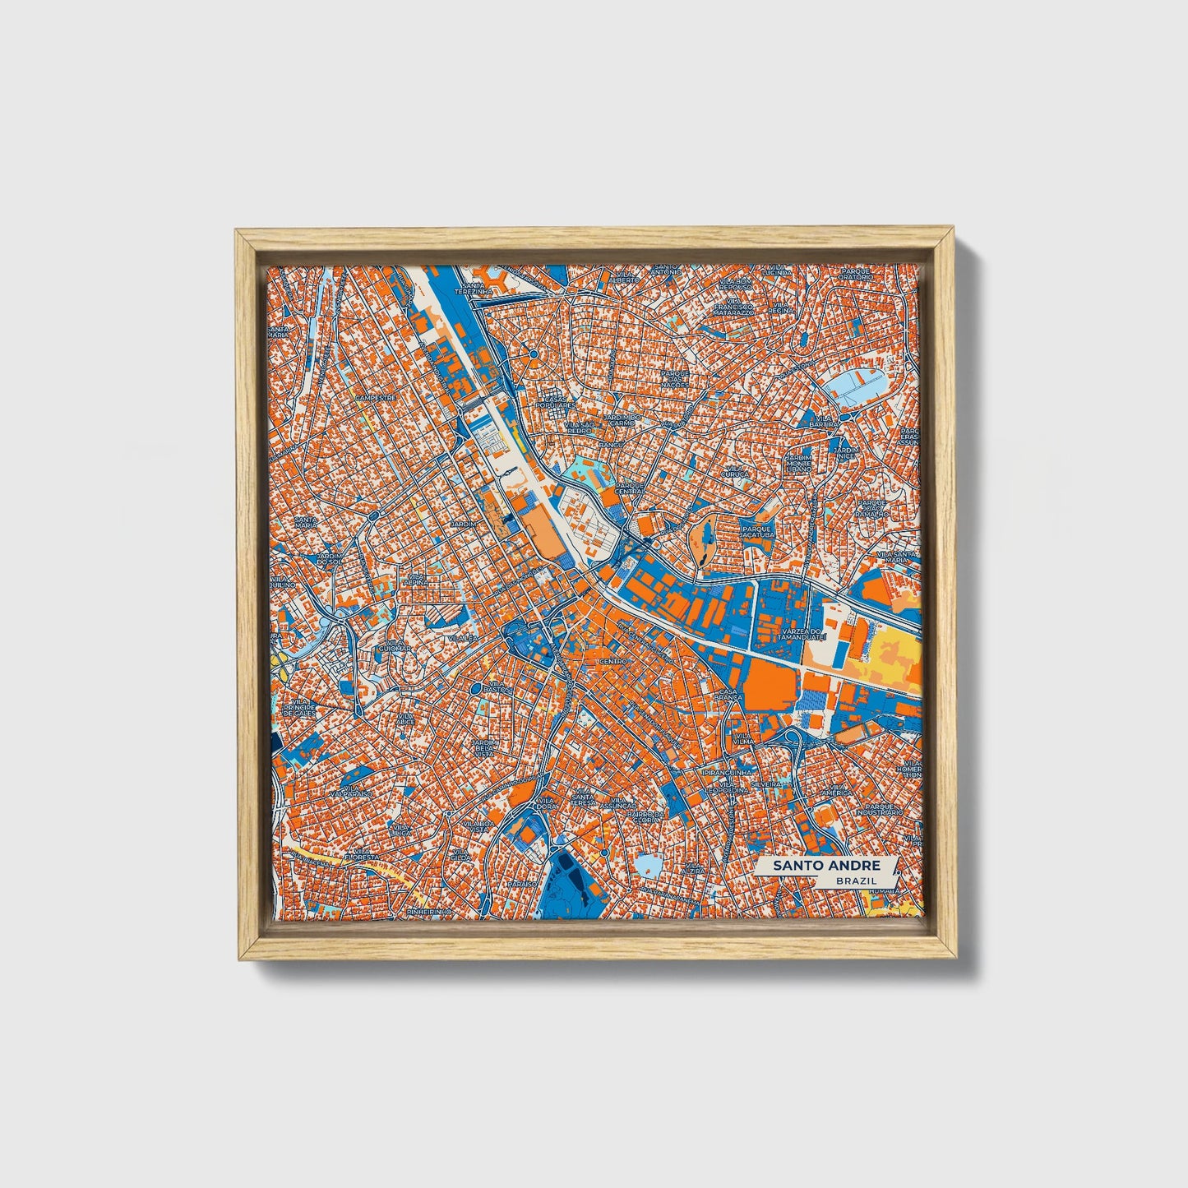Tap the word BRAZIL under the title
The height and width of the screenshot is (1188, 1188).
click(x=855, y=881)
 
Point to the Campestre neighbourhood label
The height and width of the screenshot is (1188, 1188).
click(x=376, y=397)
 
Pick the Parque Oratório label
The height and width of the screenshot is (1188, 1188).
click(x=856, y=273)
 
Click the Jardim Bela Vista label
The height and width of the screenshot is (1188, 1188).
click(x=484, y=747)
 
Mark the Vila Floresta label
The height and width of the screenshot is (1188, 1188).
click(x=360, y=859)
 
